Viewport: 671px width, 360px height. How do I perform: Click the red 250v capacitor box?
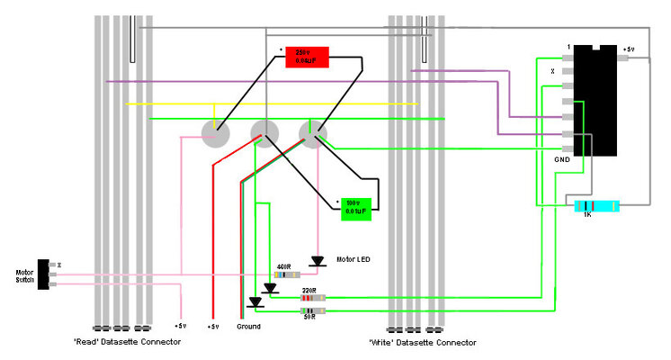pos(307,57)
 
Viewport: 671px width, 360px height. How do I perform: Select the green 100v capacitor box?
pos(356,209)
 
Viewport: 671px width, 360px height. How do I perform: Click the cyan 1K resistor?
pos(597,206)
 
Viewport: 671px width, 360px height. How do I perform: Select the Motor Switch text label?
pos(24,276)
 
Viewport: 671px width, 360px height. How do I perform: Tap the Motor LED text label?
pos(353,259)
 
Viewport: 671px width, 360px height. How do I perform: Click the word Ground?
pos(249,326)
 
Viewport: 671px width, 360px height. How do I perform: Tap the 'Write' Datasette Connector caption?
pos(422,343)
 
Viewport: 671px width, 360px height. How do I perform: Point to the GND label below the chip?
pos(561,159)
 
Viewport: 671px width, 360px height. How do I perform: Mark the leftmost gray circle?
pos(215,134)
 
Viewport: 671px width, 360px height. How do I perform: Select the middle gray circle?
pos(264,134)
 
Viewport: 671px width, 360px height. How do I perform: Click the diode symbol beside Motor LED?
pos(317,261)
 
